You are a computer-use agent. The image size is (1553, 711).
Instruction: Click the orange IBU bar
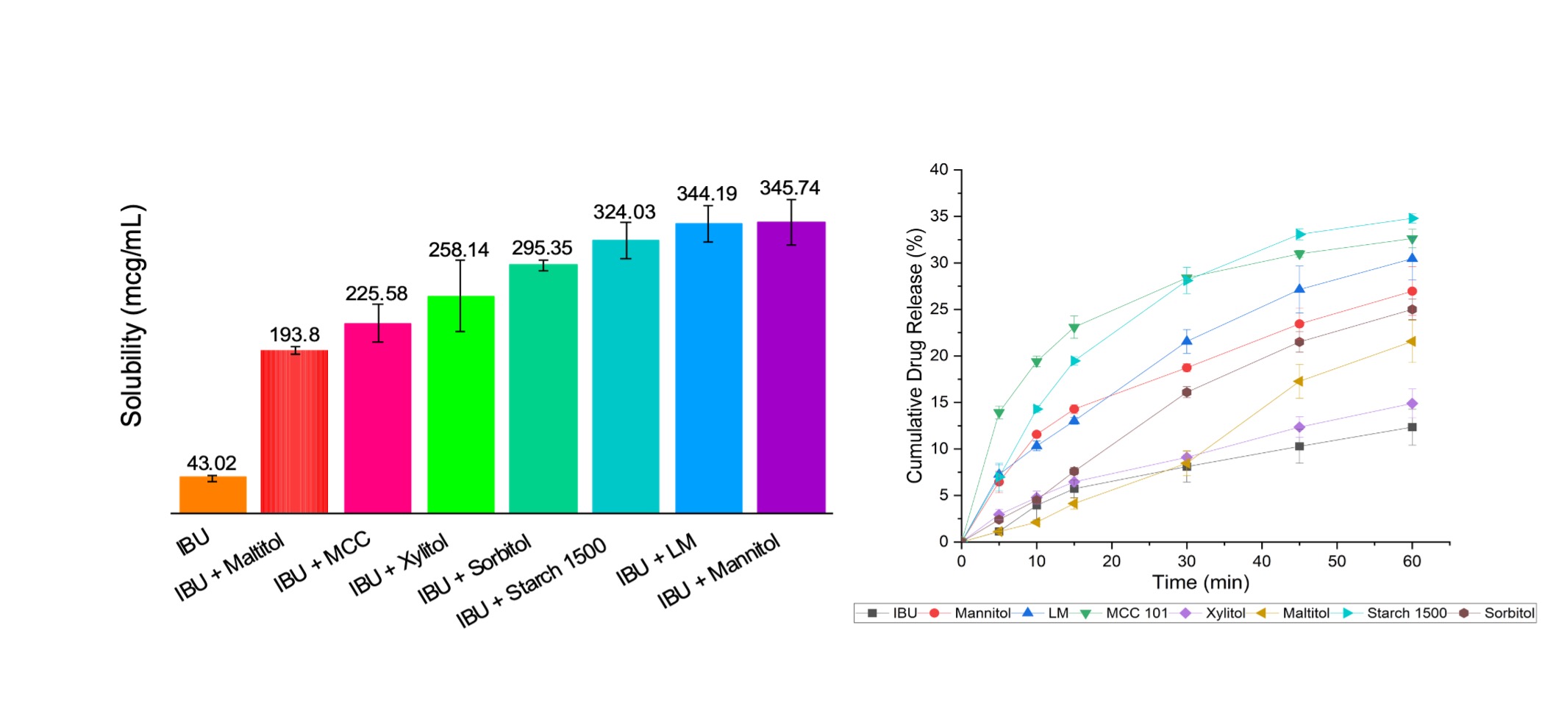[x=213, y=494]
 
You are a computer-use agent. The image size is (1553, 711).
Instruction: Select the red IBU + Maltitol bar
[x=294, y=432]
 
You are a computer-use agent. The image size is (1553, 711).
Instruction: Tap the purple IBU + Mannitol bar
[x=791, y=368]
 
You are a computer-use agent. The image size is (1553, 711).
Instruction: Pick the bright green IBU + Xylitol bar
[x=460, y=404]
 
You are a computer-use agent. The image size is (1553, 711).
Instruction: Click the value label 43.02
[x=212, y=463]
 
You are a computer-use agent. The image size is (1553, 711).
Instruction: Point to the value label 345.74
[x=790, y=188]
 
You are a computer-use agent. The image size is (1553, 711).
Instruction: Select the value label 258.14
[x=459, y=250]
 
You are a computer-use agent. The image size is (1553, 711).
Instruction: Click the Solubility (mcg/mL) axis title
[x=132, y=316]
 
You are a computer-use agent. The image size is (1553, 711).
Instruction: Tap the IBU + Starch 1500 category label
[x=531, y=582]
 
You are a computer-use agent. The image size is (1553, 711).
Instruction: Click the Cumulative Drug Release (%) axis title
[x=914, y=356]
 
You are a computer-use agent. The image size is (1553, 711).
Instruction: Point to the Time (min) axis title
[x=1201, y=583]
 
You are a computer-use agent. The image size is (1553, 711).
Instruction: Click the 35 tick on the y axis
[x=939, y=216]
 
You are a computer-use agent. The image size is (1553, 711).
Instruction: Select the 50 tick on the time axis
[x=1337, y=561]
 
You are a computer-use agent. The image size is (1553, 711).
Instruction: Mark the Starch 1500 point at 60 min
[x=1413, y=218]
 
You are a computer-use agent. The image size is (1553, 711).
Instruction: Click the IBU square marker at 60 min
[x=1412, y=427]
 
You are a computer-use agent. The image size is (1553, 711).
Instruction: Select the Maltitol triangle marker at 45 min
[x=1299, y=381]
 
